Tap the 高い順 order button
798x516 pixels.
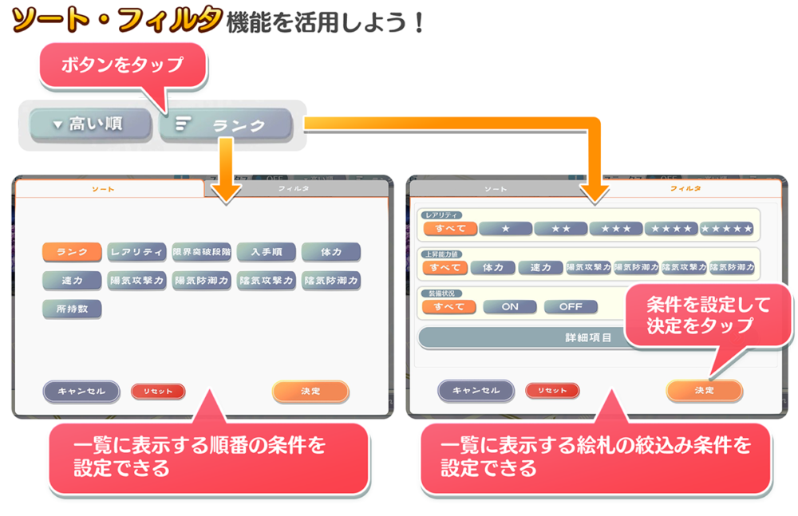(x=90, y=125)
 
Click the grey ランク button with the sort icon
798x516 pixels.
(x=226, y=125)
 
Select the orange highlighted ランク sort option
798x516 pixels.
(x=72, y=252)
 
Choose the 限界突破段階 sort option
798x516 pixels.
(x=202, y=252)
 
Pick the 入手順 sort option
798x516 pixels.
(x=267, y=252)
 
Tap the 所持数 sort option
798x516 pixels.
(x=72, y=308)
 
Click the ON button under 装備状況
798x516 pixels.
(x=509, y=306)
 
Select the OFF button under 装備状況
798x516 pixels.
(x=571, y=306)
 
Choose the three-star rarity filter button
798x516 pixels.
(x=616, y=229)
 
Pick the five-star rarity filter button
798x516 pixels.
(x=726, y=229)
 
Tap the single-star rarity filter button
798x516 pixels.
(x=505, y=229)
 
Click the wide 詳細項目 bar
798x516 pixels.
(x=559, y=337)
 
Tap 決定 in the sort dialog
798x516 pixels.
(x=310, y=391)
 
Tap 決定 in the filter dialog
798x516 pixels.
(x=704, y=390)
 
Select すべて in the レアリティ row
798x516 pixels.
(x=449, y=229)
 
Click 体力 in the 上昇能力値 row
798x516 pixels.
(x=492, y=268)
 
